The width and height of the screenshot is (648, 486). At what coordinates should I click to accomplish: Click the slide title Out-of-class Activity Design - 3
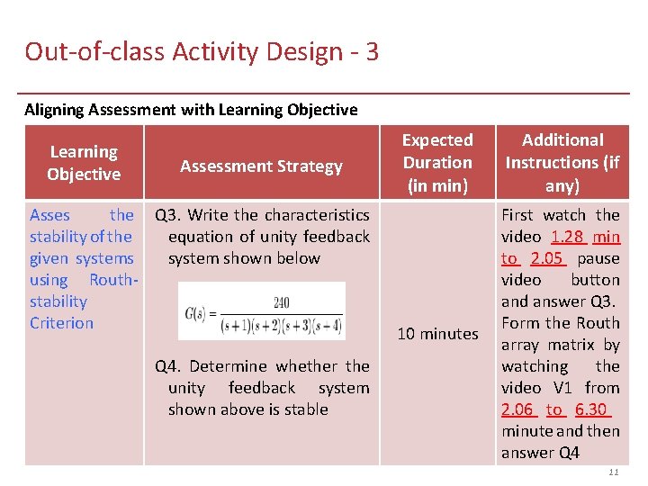pos(202,51)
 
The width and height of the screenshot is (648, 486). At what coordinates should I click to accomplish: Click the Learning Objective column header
pos(84,163)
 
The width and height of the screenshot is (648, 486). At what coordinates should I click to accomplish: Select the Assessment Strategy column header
pos(261,166)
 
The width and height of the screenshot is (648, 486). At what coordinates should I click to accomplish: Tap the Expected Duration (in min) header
pos(437,163)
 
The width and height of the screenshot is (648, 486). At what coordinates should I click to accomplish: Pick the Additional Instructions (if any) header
pos(562,163)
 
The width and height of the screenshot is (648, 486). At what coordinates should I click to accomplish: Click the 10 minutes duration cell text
pos(437,334)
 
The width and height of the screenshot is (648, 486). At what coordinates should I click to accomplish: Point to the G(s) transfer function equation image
pos(261,311)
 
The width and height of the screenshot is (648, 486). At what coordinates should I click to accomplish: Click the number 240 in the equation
pos(281,302)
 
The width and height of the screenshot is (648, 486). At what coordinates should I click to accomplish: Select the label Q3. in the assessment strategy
pos(167,215)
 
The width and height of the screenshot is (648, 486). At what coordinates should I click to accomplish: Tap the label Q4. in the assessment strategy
pos(168,366)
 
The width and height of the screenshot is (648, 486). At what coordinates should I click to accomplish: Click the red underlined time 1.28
pos(567,237)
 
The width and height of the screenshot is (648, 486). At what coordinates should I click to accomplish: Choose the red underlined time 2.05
pos(546,258)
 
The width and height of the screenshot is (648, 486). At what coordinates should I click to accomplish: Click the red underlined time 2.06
pos(517,409)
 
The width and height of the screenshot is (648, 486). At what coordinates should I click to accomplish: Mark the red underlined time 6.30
pos(592,409)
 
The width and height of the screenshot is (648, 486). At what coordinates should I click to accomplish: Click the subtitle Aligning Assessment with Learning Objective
pos(191,110)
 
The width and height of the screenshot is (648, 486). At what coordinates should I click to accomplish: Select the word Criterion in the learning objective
pos(61,323)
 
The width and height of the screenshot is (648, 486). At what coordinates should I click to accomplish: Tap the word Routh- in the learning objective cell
pos(112,280)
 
